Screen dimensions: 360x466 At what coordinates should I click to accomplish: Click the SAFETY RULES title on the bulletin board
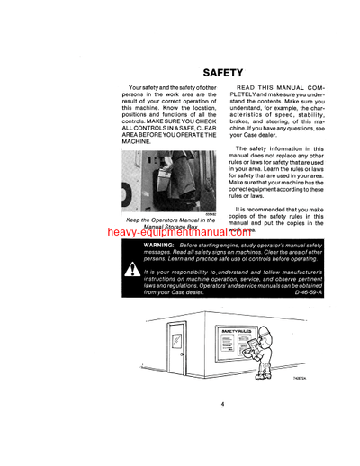[x=237, y=333]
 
